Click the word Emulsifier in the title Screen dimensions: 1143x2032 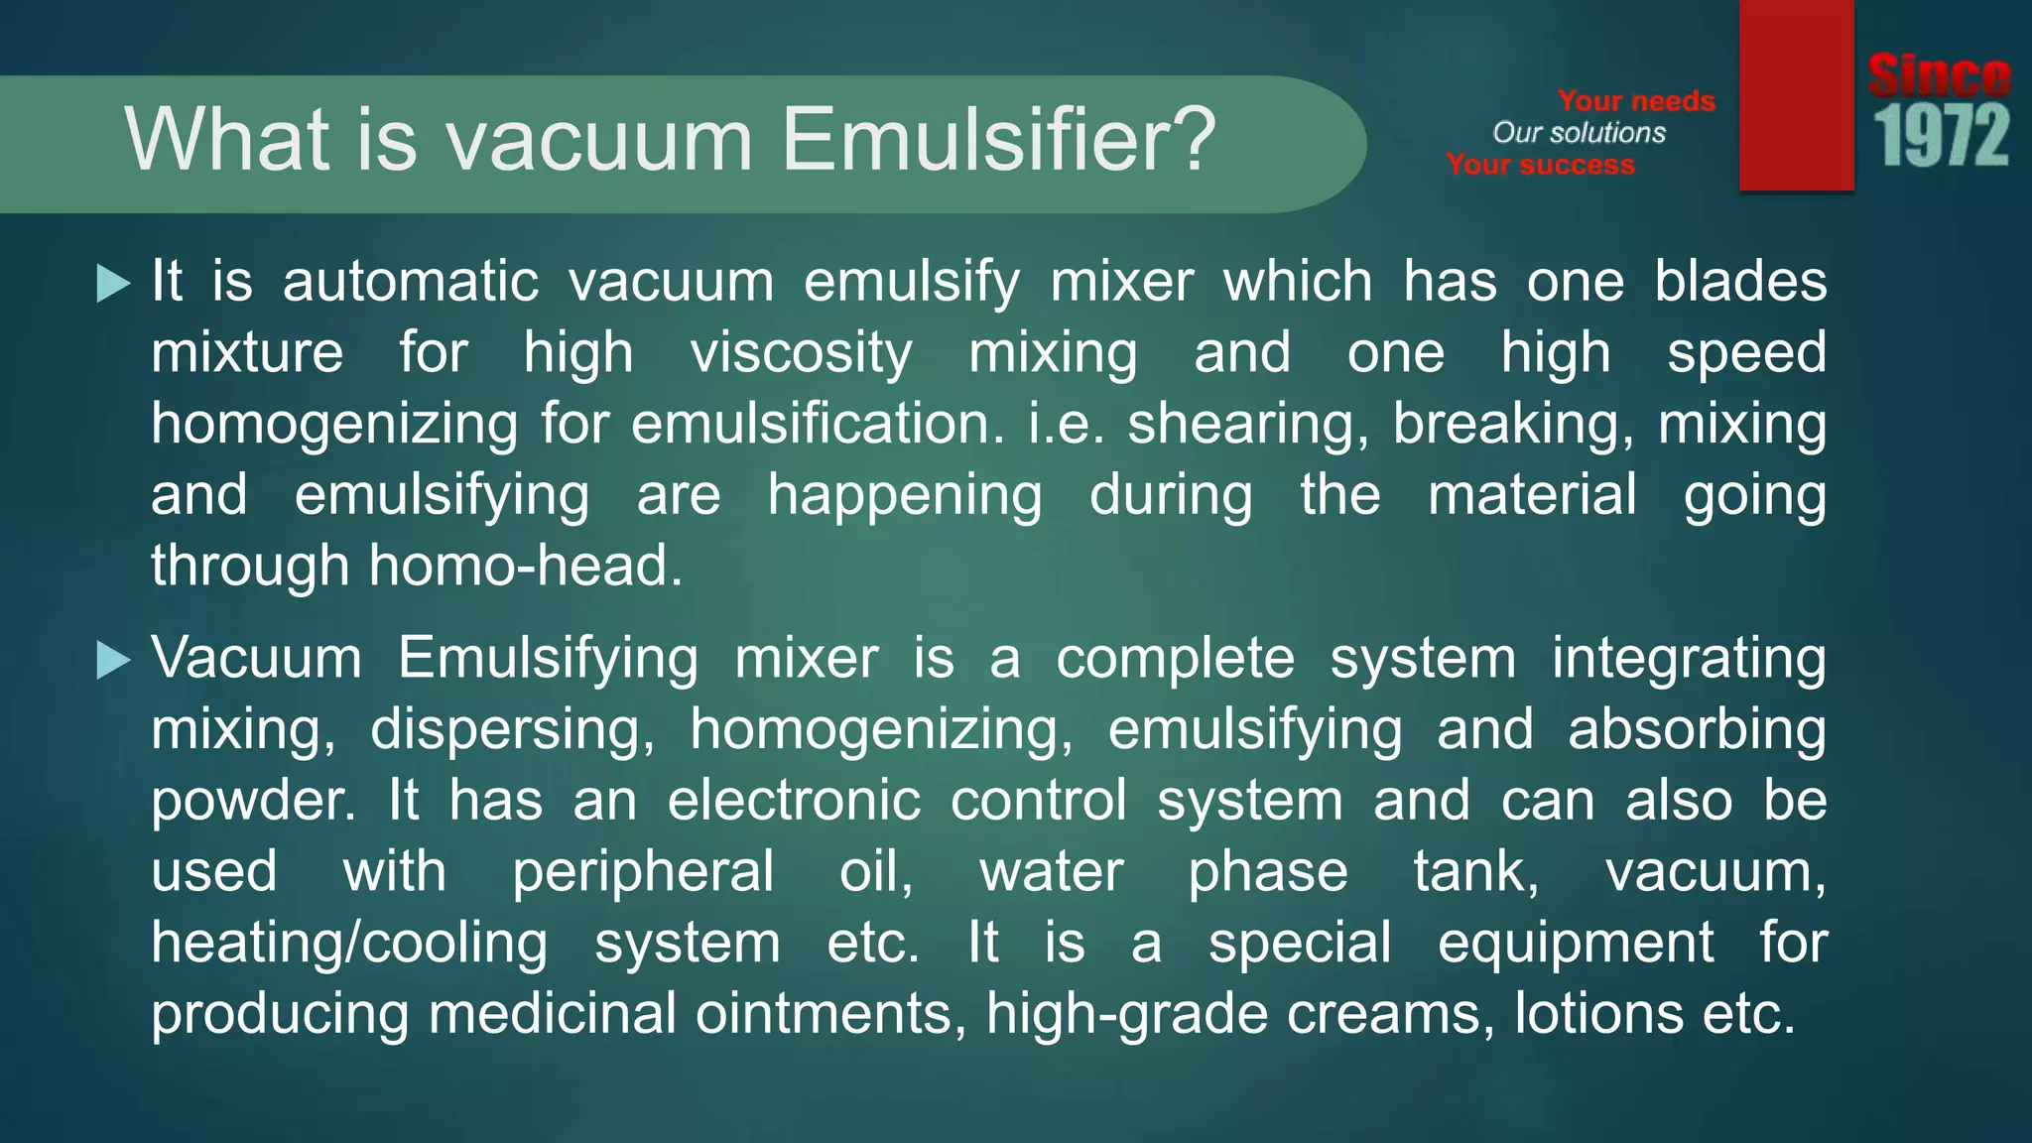(x=997, y=139)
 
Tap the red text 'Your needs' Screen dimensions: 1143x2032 (x=1636, y=101)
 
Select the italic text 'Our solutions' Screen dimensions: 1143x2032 (x=1579, y=133)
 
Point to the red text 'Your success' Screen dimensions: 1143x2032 (x=1540, y=165)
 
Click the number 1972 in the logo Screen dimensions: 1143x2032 (x=1941, y=136)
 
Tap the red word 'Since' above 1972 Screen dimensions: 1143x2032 (x=1940, y=75)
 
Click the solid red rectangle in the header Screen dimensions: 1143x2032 (x=1796, y=95)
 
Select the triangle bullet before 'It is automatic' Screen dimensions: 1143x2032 (x=113, y=284)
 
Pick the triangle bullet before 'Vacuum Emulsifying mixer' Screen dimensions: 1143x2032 (x=113, y=660)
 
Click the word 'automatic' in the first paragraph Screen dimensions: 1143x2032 (x=411, y=282)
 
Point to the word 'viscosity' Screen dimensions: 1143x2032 (x=801, y=354)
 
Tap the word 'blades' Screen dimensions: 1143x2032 (x=1740, y=282)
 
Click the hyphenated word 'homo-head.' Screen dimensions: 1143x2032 (x=526, y=567)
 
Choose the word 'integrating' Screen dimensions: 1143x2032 (x=1689, y=659)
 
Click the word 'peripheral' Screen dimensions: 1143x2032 (x=643, y=872)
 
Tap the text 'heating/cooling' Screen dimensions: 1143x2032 (x=349, y=943)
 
